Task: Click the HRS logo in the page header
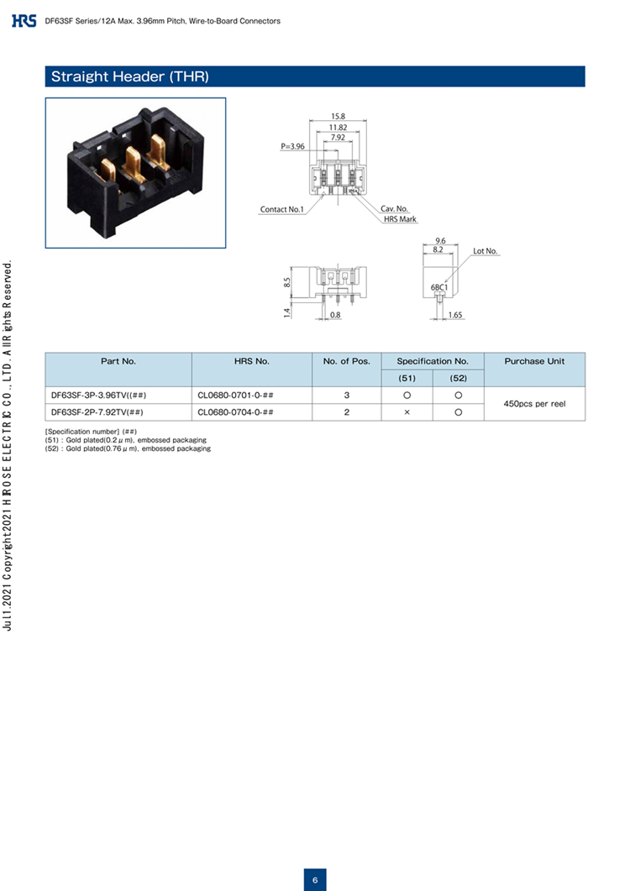point(24,21)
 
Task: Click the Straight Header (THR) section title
point(130,76)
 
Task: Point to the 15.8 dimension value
point(338,117)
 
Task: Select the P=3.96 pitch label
point(292,147)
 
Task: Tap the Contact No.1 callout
point(282,210)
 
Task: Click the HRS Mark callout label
point(400,219)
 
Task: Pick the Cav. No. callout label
point(394,209)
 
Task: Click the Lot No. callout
point(485,251)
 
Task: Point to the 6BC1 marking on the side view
point(439,287)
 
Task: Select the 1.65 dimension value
point(455,315)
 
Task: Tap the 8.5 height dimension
point(287,282)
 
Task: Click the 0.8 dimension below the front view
point(335,315)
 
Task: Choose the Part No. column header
point(118,361)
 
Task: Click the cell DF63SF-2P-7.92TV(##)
point(97,412)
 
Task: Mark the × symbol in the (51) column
point(407,412)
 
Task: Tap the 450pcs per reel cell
point(534,404)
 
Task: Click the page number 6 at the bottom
point(315,880)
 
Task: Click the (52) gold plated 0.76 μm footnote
point(128,449)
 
